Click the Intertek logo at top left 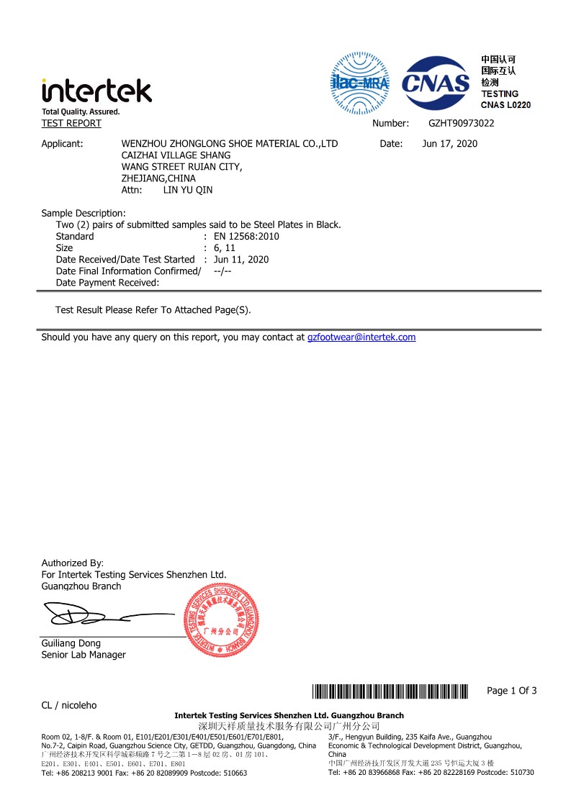96,91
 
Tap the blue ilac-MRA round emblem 359,83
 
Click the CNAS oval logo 435,83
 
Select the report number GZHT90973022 461,124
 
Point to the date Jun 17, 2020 449,144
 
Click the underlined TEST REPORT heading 71,124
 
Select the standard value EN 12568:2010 246,236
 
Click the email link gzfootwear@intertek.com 361,337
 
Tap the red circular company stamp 222,620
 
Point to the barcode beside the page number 390,691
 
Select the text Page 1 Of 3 511,691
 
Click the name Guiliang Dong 71,643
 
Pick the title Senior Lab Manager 84,655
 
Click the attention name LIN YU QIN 188,190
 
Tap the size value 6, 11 225,248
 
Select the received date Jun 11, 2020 241,259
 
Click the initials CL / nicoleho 69,705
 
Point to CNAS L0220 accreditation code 505,105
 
